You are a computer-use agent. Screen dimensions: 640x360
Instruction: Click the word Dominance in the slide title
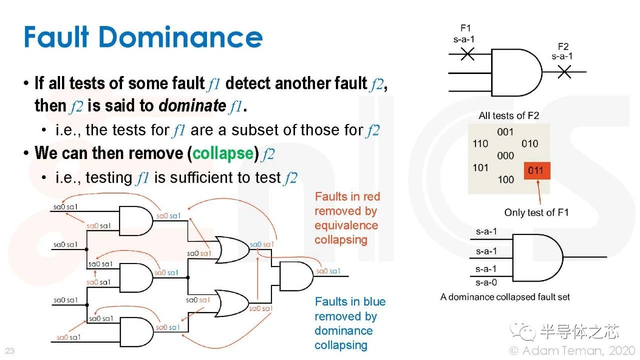(x=180, y=37)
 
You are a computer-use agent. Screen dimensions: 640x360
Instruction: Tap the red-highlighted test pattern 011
(x=537, y=170)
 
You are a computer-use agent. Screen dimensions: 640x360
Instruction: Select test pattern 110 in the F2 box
(x=480, y=143)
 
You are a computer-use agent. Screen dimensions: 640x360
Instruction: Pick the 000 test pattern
(x=505, y=155)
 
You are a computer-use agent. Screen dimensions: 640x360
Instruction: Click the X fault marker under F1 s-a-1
(x=467, y=53)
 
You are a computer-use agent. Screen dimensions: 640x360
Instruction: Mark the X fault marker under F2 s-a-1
(x=564, y=71)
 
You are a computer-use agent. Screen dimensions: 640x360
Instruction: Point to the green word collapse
(x=223, y=153)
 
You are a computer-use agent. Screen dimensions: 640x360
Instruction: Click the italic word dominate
(x=192, y=105)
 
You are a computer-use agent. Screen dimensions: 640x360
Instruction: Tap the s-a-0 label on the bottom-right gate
(x=486, y=282)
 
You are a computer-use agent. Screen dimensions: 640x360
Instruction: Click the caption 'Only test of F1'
(x=536, y=212)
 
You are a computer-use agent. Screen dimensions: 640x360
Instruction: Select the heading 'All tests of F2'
(x=509, y=115)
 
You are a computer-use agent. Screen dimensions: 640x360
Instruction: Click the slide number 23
(x=9, y=350)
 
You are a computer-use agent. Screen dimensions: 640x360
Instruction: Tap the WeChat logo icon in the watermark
(x=523, y=331)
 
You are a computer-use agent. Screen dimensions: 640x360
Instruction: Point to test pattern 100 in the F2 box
(x=505, y=179)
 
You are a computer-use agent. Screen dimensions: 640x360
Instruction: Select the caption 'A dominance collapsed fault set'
(x=505, y=297)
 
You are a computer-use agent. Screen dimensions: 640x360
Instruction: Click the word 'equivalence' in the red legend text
(x=346, y=225)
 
